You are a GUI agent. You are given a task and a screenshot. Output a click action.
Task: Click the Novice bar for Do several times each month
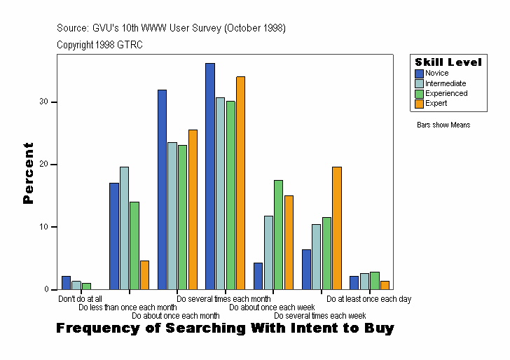point(209,176)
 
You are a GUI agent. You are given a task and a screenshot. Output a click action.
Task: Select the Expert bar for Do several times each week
point(336,228)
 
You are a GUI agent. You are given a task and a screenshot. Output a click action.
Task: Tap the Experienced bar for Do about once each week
point(278,235)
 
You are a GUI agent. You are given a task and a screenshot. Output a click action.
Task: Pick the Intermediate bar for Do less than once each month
point(124,228)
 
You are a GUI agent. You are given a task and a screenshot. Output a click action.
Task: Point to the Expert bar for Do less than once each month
point(144,275)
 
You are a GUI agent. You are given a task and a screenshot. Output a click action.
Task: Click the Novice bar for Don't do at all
point(66,283)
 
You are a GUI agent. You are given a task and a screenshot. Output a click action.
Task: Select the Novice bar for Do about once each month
point(162,190)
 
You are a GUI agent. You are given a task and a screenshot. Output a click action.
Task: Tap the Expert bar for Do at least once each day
point(385,285)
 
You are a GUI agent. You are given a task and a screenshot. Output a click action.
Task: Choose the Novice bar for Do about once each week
point(258,276)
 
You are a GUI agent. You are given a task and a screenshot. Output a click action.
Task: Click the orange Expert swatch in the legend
point(420,104)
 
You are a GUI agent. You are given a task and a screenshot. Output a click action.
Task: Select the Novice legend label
point(437,73)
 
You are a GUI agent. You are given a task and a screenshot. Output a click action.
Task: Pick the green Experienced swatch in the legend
point(420,93)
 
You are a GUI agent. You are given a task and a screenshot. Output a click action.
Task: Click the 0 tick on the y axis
point(46,289)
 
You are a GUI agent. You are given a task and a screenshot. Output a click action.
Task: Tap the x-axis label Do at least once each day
point(368,299)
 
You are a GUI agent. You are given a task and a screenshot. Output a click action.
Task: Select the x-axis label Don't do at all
point(80,299)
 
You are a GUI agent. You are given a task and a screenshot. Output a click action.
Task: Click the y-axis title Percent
point(29,173)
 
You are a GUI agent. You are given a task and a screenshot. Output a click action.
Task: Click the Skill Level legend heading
point(448,62)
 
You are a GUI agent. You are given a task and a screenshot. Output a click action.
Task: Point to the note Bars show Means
point(443,125)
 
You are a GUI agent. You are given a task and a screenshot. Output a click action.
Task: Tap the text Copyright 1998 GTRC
point(100,44)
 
